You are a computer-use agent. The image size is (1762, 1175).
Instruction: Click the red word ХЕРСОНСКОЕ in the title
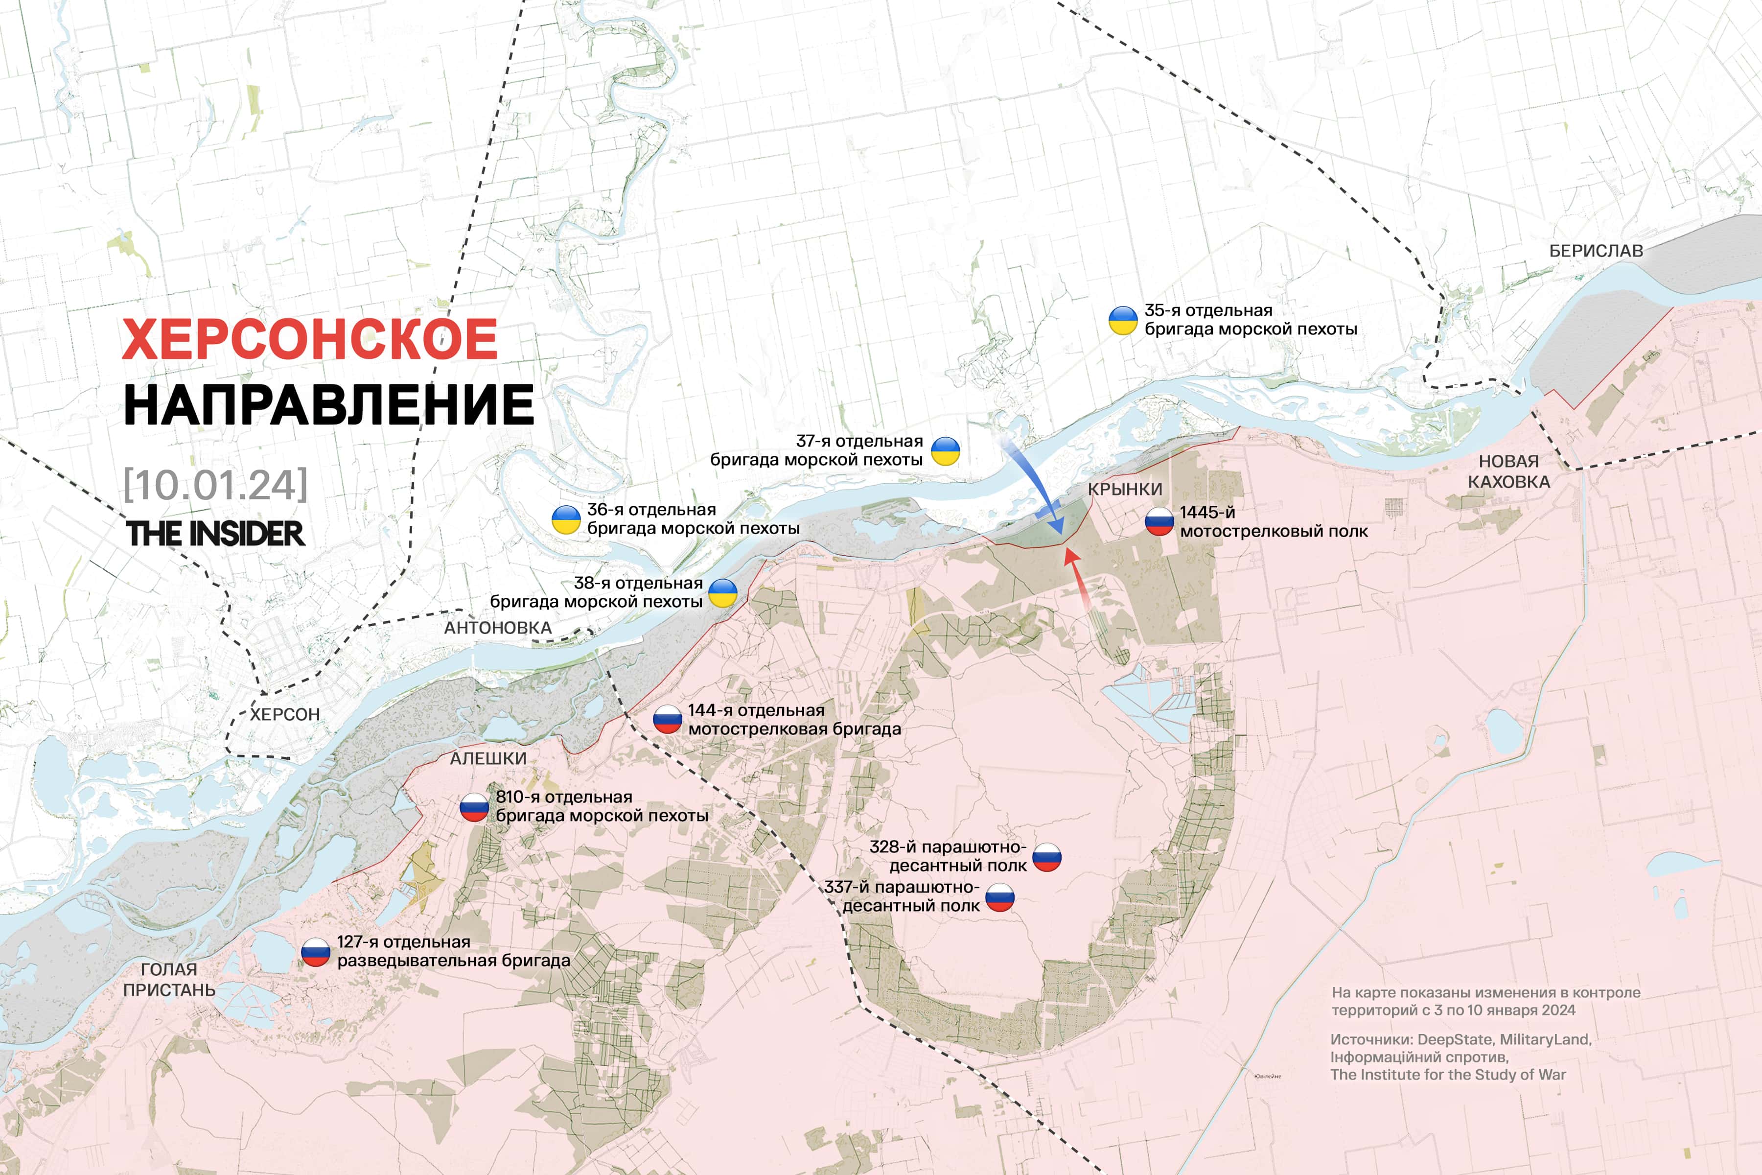tap(309, 339)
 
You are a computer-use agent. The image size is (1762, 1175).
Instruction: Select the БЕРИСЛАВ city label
tap(1596, 251)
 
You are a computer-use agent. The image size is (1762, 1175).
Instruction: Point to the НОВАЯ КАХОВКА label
tap(1509, 471)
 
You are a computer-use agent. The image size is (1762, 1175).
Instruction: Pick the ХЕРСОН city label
tap(285, 714)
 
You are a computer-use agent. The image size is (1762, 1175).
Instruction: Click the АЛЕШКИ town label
tap(488, 758)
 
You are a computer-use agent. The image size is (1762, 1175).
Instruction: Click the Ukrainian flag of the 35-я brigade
tap(1123, 320)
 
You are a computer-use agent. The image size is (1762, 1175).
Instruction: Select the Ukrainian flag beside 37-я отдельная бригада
tap(946, 451)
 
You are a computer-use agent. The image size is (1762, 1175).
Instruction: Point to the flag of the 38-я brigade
tap(723, 593)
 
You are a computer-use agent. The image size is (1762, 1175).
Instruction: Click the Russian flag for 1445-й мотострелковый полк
tap(1159, 521)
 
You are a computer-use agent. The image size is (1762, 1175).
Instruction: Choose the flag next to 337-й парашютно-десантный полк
tap(999, 897)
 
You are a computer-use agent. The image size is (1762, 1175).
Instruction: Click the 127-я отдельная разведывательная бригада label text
tap(453, 951)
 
